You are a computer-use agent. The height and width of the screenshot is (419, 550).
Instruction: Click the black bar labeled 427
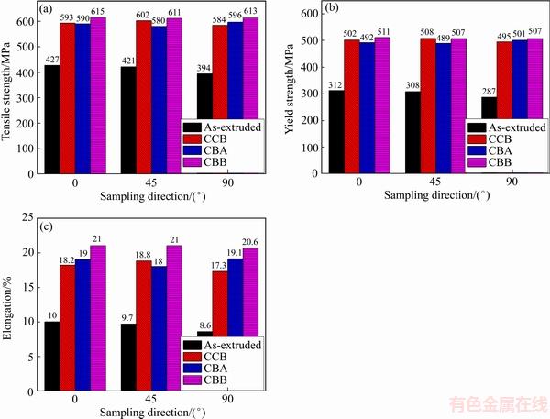click(52, 119)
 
